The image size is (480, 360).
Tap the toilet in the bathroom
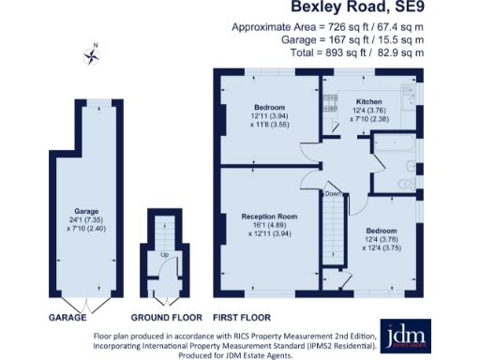[x=403, y=181]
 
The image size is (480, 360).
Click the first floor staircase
[x=333, y=234]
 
